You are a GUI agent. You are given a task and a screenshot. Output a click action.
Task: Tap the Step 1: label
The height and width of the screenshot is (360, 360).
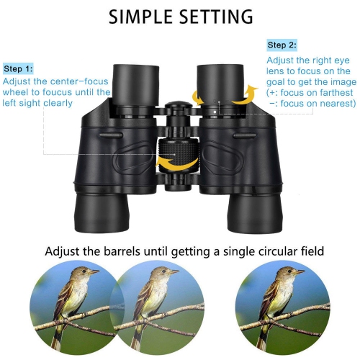(18, 69)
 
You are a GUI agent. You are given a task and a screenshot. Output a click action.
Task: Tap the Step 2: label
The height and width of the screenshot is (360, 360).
(282, 45)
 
